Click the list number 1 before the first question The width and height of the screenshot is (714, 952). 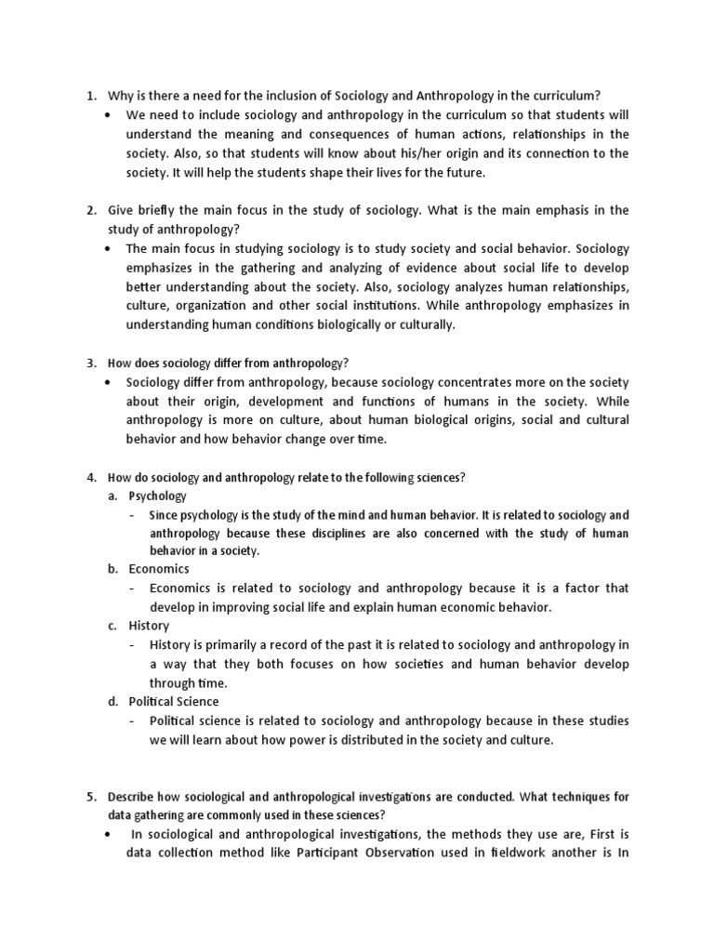click(x=90, y=95)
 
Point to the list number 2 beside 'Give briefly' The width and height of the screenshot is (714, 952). click(x=90, y=211)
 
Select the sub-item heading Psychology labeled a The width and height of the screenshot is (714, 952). click(x=158, y=496)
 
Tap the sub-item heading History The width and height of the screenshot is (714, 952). click(x=149, y=626)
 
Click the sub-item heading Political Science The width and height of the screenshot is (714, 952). click(x=174, y=701)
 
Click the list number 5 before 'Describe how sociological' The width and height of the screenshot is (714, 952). click(x=90, y=797)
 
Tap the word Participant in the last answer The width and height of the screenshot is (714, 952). click(x=321, y=854)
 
